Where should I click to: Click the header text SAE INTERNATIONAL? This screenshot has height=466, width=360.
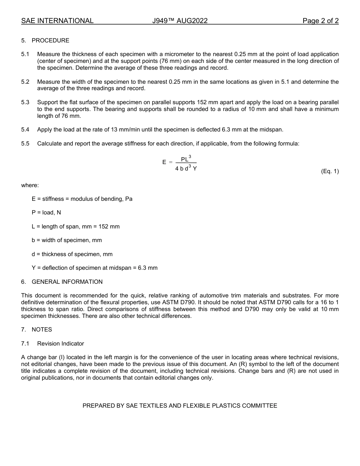tap(57, 21)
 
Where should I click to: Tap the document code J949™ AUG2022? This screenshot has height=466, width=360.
tap(180, 21)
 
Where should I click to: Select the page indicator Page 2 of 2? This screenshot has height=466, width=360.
tap(320, 21)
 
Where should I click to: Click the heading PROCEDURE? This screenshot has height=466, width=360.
tap(50, 41)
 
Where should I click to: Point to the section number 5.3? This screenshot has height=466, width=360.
tap(25, 102)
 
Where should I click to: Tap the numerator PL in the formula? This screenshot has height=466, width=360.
tap(185, 160)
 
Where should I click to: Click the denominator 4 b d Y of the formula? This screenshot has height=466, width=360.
tap(186, 169)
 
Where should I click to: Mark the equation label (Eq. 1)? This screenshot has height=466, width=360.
tap(330, 171)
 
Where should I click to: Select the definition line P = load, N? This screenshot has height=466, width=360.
tap(46, 213)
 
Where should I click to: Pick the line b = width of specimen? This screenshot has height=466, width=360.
tap(67, 240)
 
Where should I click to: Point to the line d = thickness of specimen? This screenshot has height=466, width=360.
tap(72, 254)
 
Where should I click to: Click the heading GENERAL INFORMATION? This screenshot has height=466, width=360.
tap(67, 282)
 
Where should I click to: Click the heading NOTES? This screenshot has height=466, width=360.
tap(42, 330)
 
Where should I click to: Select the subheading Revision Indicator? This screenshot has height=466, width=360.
tap(61, 344)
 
